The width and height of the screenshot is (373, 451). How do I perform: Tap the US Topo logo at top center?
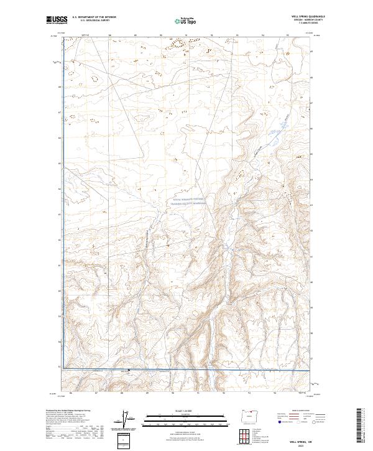point(186,21)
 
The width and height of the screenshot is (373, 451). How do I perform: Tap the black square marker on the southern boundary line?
point(129,371)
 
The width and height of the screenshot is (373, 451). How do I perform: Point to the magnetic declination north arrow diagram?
point(129,420)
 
